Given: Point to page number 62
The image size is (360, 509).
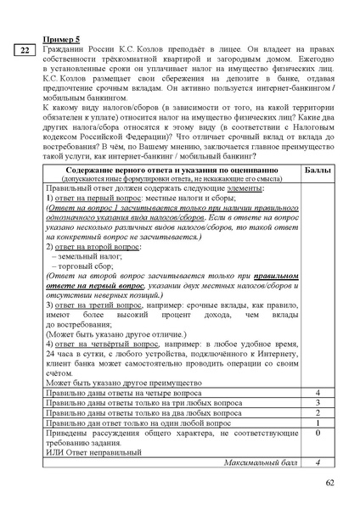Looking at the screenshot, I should [x=329, y=484].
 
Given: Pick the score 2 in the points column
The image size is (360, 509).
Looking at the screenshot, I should [x=317, y=413].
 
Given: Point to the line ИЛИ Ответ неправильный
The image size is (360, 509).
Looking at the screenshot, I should [x=91, y=451].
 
